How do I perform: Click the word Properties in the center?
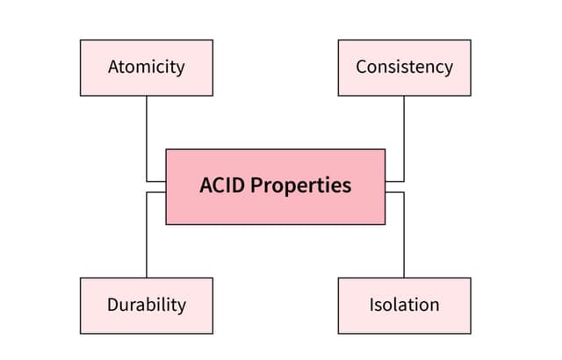tap(301, 187)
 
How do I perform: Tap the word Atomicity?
tap(146, 67)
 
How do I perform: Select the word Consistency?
tap(404, 67)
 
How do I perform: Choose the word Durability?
tap(147, 306)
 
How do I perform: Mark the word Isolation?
tap(404, 306)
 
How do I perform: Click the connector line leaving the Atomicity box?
tap(147, 132)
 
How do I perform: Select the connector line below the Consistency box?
tap(404, 132)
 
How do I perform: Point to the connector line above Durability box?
tap(147, 237)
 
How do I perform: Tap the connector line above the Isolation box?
tap(404, 237)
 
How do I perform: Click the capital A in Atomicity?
tap(114, 67)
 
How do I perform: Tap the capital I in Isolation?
tap(371, 306)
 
